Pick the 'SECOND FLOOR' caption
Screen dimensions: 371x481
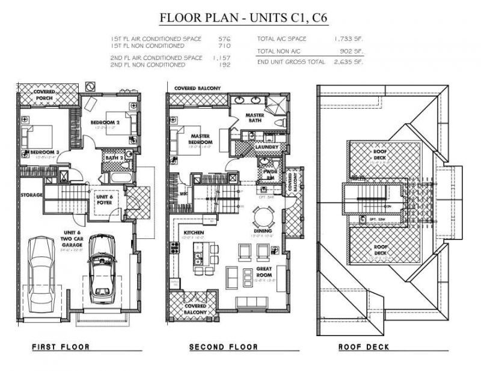coord(223,347)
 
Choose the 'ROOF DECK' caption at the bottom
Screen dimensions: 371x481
coord(363,347)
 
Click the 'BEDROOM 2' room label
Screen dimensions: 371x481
coord(105,122)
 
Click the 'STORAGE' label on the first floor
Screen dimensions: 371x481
coord(31,195)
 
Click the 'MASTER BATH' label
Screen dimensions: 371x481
coord(259,118)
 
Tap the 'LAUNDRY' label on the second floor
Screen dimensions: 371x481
coord(266,146)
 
